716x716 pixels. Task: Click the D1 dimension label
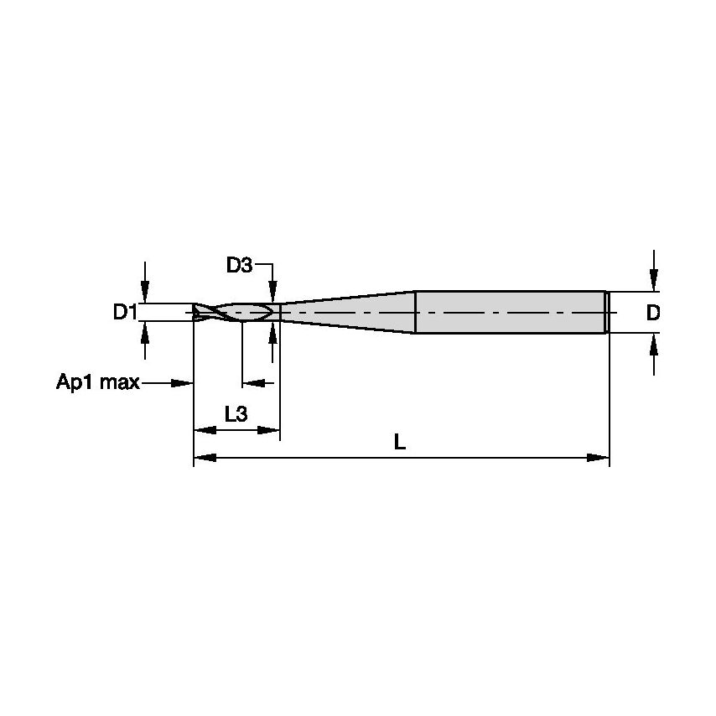click(x=125, y=313)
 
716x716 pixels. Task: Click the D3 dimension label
click(x=239, y=266)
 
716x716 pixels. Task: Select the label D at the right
click(x=653, y=313)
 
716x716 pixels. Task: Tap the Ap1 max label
click(x=97, y=383)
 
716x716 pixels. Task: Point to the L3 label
click(x=236, y=413)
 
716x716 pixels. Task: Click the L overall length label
click(x=400, y=442)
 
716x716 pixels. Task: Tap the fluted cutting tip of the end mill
click(x=231, y=312)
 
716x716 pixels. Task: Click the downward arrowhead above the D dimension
click(x=654, y=281)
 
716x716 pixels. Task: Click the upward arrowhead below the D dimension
click(x=654, y=343)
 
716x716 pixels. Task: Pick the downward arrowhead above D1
click(x=146, y=293)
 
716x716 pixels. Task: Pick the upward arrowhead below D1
click(x=146, y=332)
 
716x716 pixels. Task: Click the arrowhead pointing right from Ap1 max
click(x=183, y=383)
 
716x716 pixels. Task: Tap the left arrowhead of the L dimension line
click(x=205, y=458)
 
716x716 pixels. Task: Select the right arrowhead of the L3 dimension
click(x=269, y=430)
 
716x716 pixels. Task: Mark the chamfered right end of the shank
click(x=607, y=312)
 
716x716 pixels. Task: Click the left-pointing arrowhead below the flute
click(x=252, y=383)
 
